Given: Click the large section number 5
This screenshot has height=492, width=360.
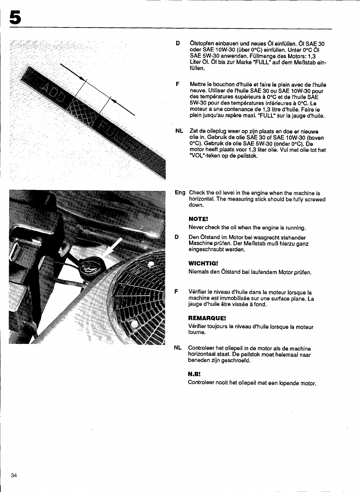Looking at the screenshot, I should coord(15,17).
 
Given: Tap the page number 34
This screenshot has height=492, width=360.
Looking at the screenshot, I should coord(14,475).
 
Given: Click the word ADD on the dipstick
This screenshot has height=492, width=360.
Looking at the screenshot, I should coord(53,93).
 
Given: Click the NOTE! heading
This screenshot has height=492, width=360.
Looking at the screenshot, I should coord(198,219).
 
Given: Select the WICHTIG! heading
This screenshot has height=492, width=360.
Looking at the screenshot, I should coord(203,264).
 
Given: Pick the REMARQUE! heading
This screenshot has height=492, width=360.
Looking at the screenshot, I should coord(207,318).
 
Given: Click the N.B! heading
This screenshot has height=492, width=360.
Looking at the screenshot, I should coord(194,374).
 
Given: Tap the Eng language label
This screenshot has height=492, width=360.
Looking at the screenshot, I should coord(180,193).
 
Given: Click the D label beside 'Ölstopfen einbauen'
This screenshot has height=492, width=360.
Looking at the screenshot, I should coord(178,43).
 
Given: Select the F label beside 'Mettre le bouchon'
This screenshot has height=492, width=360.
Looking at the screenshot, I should coord(177,84).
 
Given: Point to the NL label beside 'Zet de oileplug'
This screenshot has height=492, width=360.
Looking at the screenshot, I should coord(179,131).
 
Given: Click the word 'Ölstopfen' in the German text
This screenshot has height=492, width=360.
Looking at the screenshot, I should coord(202,43).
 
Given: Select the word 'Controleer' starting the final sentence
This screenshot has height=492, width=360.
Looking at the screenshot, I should coord(201,383).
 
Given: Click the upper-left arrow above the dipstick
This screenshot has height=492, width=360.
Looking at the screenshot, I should coord(72,72).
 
